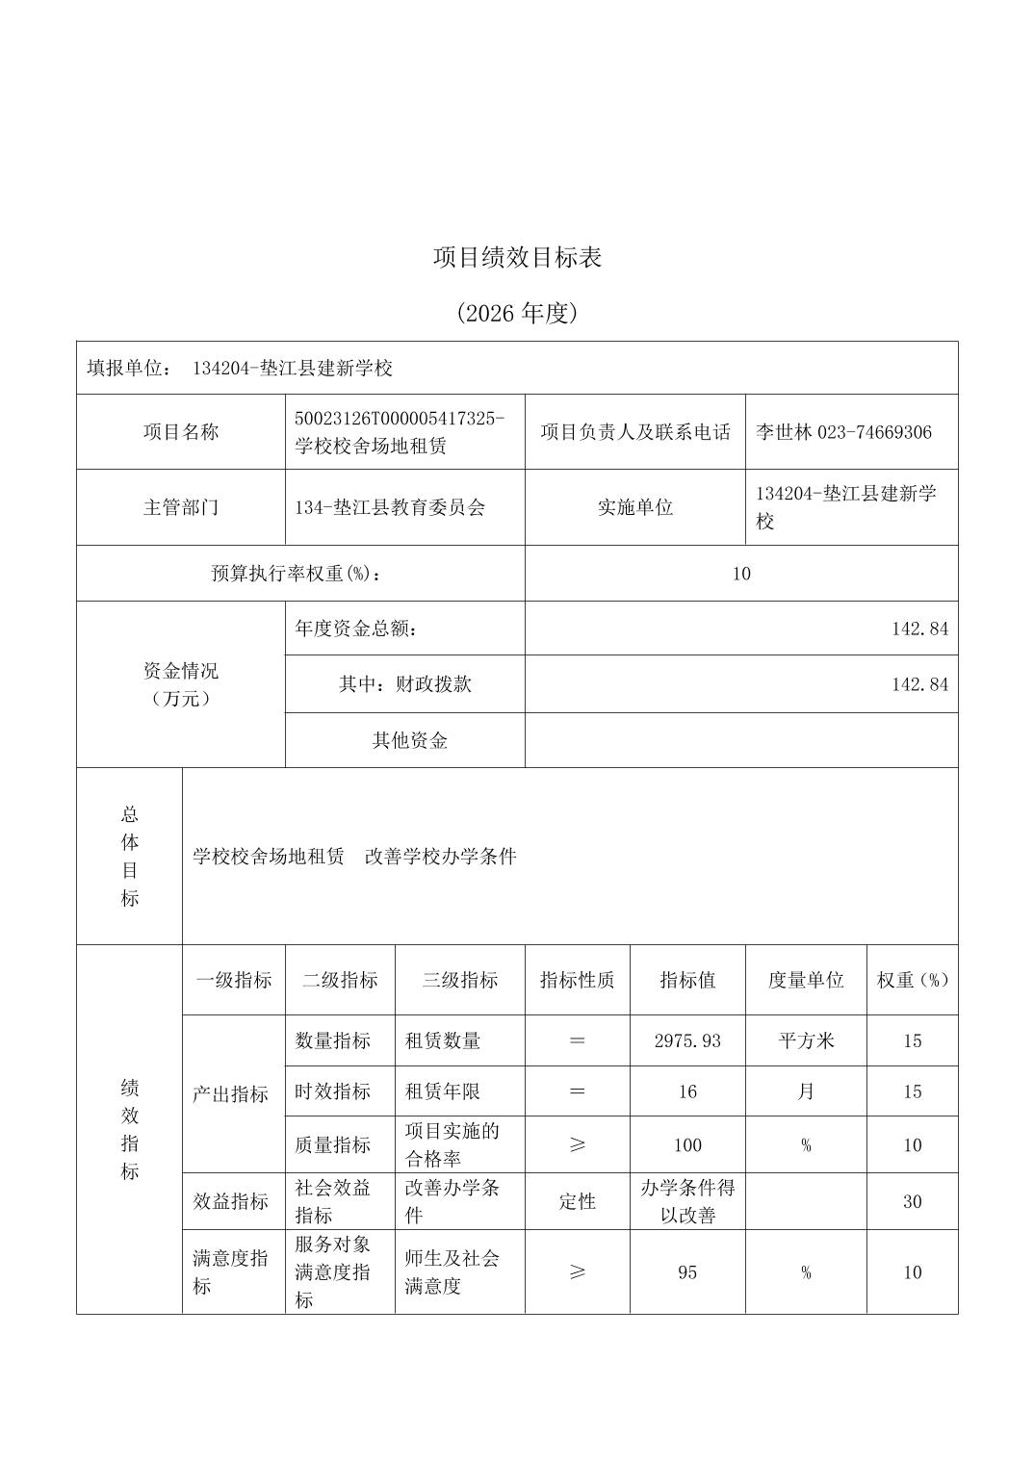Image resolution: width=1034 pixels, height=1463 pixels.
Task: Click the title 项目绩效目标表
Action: pyautogui.click(x=517, y=258)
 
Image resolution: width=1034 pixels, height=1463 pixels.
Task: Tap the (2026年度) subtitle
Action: pyautogui.click(x=517, y=314)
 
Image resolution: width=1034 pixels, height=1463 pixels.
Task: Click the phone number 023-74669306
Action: pyautogui.click(x=874, y=432)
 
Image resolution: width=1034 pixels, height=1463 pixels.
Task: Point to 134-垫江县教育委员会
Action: pyautogui.click(x=390, y=507)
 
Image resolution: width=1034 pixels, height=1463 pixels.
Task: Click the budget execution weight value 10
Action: pyautogui.click(x=740, y=574)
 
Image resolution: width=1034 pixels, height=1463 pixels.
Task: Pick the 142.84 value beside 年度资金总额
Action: pyautogui.click(x=919, y=629)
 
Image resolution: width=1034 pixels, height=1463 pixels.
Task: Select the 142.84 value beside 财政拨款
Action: pyautogui.click(x=919, y=684)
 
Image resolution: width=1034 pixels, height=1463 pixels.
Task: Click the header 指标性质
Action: pyautogui.click(x=577, y=980)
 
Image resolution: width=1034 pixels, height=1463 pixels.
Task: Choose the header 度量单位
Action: pyautogui.click(x=805, y=980)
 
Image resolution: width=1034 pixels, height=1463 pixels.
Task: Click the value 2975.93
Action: pyautogui.click(x=686, y=1040)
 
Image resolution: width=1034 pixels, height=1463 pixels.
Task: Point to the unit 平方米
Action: pyautogui.click(x=805, y=1040)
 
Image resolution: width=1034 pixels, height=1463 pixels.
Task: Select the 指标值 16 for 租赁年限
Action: pyautogui.click(x=686, y=1091)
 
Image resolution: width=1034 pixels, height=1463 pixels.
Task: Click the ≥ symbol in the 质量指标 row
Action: pyautogui.click(x=577, y=1144)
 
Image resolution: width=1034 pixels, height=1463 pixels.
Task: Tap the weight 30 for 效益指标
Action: pyautogui.click(x=912, y=1201)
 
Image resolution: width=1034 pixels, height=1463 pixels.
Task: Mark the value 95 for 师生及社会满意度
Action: pyautogui.click(x=686, y=1272)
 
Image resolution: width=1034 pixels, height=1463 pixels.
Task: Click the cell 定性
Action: pyautogui.click(x=577, y=1201)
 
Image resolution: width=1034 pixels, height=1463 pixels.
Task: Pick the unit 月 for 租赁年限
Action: pyautogui.click(x=805, y=1091)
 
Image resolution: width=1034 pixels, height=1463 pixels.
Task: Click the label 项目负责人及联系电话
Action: pyautogui.click(x=634, y=432)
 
